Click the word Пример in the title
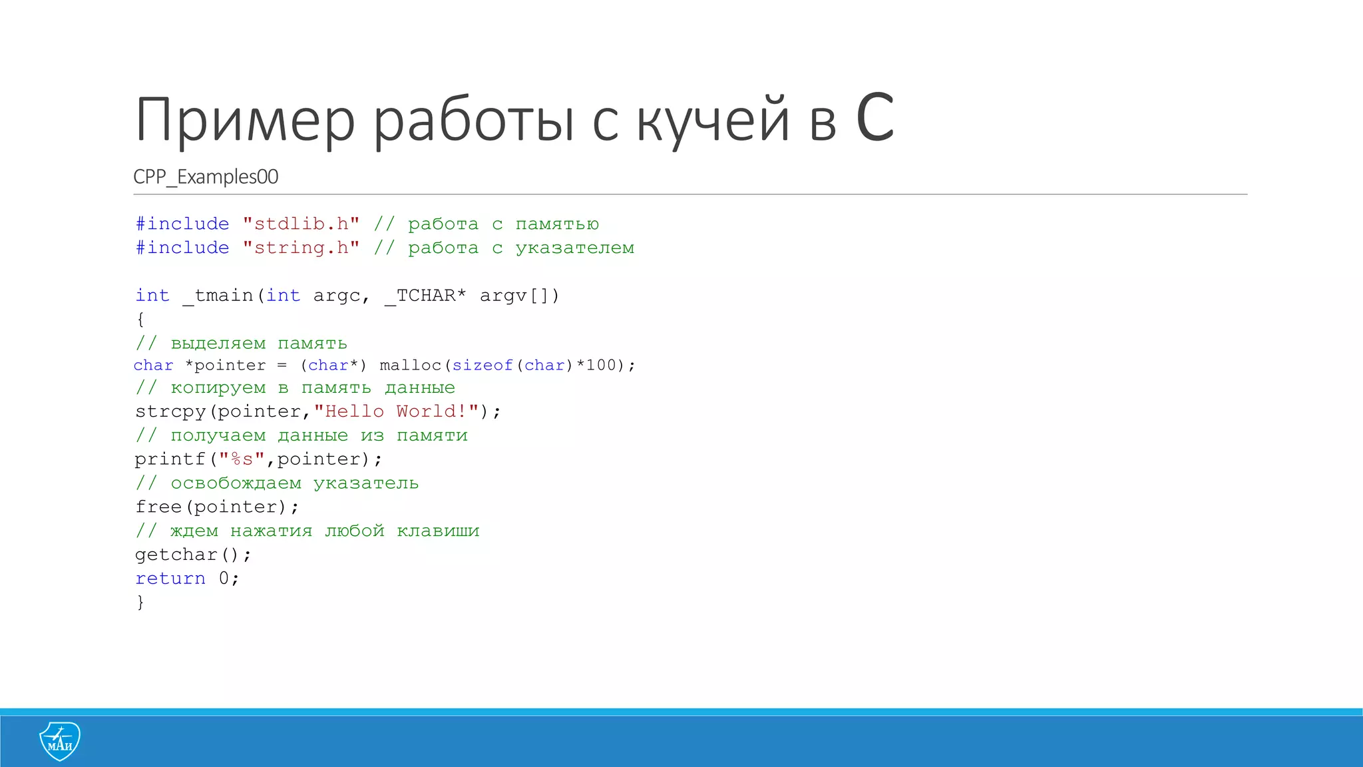244,121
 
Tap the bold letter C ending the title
875,119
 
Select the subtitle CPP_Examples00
206,177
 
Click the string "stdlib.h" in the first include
301,224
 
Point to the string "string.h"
301,248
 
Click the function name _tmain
218,296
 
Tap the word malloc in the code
410,366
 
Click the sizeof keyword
483,366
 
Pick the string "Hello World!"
397,411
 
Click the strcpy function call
170,412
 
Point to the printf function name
170,459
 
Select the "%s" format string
242,459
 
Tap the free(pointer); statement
217,507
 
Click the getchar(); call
193,555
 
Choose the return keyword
170,579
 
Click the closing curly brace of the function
140,603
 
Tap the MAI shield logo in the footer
60,741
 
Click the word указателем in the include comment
575,248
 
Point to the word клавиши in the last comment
438,531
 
